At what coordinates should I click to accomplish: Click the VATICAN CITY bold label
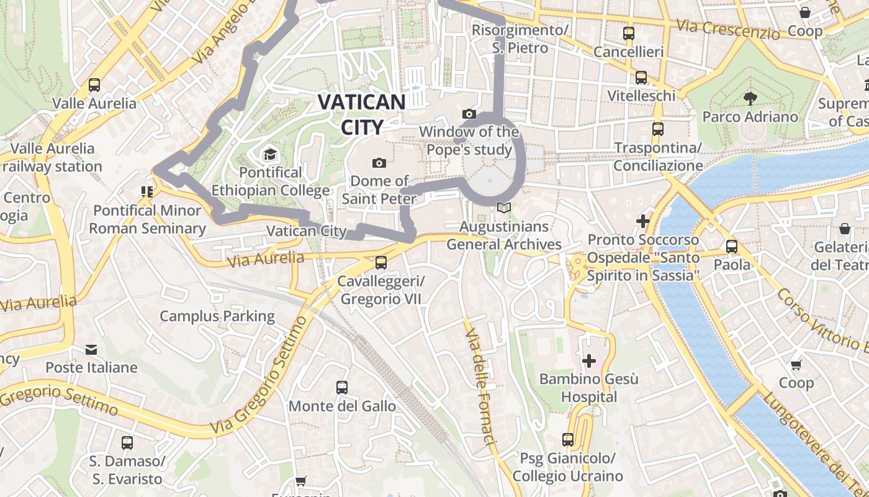[x=362, y=114]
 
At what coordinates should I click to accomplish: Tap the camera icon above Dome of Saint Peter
[x=379, y=163]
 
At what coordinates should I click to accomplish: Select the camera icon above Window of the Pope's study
[x=469, y=114]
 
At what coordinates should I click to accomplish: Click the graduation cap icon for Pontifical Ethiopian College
[x=270, y=154]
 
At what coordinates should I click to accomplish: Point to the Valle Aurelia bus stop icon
[x=94, y=85]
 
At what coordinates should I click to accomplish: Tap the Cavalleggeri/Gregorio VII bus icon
[x=381, y=263]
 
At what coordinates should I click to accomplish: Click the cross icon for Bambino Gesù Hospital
[x=588, y=360]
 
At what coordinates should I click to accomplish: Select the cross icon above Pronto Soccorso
[x=643, y=221]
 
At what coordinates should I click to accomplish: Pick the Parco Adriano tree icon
[x=750, y=98]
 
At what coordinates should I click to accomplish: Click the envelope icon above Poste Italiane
[x=91, y=350]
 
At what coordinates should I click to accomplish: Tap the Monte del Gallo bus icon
[x=342, y=388]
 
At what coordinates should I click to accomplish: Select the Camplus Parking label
[x=217, y=316]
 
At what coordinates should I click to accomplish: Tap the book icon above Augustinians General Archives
[x=504, y=208]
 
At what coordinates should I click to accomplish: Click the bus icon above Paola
[x=732, y=247]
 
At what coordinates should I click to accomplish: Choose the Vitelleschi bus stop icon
[x=641, y=78]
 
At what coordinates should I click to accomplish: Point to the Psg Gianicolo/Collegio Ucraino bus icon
[x=568, y=440]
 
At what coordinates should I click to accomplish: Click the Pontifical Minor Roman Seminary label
[x=147, y=219]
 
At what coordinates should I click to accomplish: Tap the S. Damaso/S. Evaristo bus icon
[x=127, y=443]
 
